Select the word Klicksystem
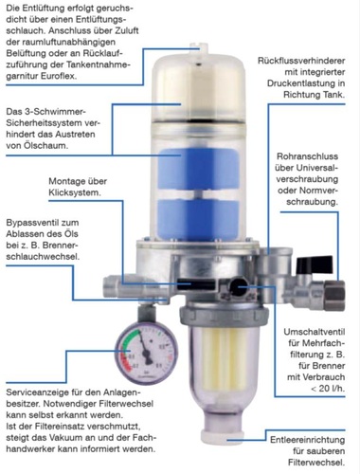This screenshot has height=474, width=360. (75, 192)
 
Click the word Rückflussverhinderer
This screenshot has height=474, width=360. (301, 61)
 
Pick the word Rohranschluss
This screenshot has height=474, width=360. (307, 156)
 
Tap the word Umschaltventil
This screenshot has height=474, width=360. (315, 332)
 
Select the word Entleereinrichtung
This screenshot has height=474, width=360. (308, 440)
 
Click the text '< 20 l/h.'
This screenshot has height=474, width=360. (328, 389)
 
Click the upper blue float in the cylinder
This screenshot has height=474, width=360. (198, 169)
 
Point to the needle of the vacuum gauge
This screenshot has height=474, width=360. (144, 347)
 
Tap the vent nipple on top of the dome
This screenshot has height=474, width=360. (200, 50)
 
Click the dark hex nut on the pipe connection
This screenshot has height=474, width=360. (334, 295)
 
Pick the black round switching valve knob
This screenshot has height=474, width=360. (239, 286)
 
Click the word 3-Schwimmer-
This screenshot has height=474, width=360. (52, 112)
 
